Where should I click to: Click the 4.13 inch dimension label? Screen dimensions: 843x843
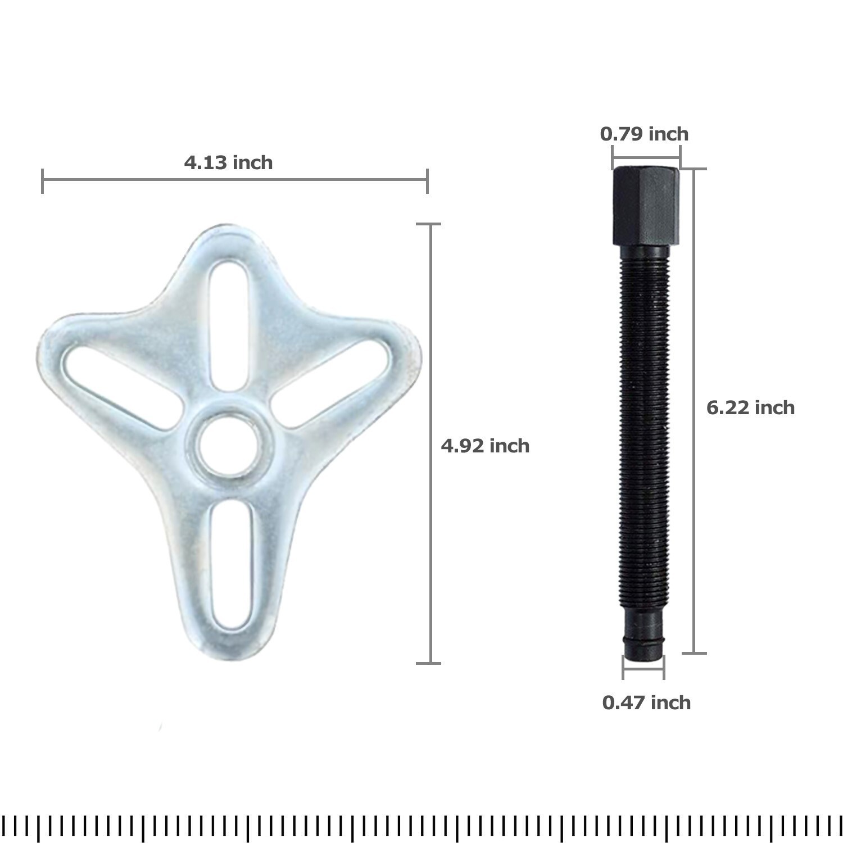click(x=228, y=162)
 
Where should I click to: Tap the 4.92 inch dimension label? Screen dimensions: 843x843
click(x=485, y=446)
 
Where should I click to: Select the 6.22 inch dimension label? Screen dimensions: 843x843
click(x=750, y=407)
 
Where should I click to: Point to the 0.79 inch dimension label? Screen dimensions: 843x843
click(x=644, y=134)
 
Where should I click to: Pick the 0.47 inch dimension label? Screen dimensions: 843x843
click(x=646, y=703)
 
